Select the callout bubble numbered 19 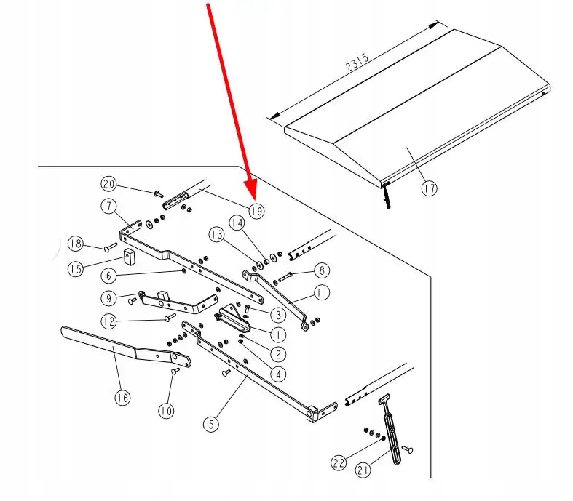[256, 211]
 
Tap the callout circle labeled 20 [109, 183]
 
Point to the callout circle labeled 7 [109, 207]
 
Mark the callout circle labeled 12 [108, 321]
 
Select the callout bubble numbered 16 [122, 398]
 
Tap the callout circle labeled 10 [167, 411]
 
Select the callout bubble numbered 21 [363, 471]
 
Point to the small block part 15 [129, 257]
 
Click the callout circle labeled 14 [237, 221]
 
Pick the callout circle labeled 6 [108, 276]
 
